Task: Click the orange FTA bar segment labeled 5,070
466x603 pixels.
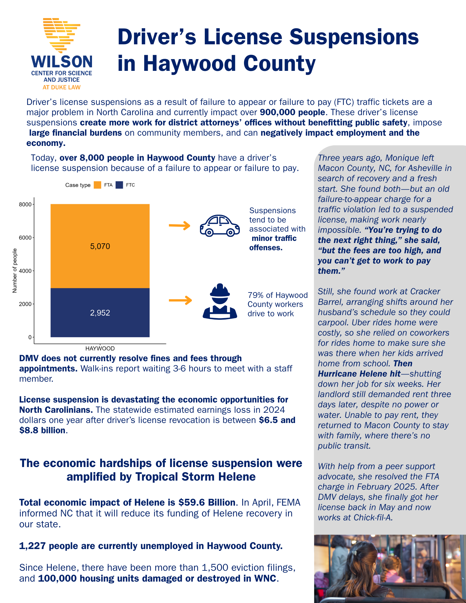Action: [x=100, y=246]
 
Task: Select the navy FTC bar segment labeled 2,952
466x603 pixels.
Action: [x=100, y=313]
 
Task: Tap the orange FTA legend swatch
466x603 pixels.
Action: [x=97, y=185]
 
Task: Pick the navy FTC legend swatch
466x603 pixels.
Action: [x=119, y=185]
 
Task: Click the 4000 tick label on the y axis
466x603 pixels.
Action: [x=25, y=271]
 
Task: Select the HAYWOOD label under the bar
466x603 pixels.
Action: [x=100, y=349]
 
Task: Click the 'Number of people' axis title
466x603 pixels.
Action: [x=14, y=270]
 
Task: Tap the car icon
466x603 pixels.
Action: [x=220, y=226]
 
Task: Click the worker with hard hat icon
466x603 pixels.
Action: [x=220, y=301]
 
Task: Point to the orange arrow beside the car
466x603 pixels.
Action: [x=179, y=226]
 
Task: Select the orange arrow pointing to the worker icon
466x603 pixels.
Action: [x=180, y=300]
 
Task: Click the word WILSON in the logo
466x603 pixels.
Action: [x=62, y=62]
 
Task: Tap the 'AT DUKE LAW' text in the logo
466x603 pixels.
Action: [x=62, y=87]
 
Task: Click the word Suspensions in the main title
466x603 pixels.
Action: [x=354, y=37]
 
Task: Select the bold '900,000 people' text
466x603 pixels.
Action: [x=292, y=112]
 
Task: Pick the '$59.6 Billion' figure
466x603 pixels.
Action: [x=207, y=503]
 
